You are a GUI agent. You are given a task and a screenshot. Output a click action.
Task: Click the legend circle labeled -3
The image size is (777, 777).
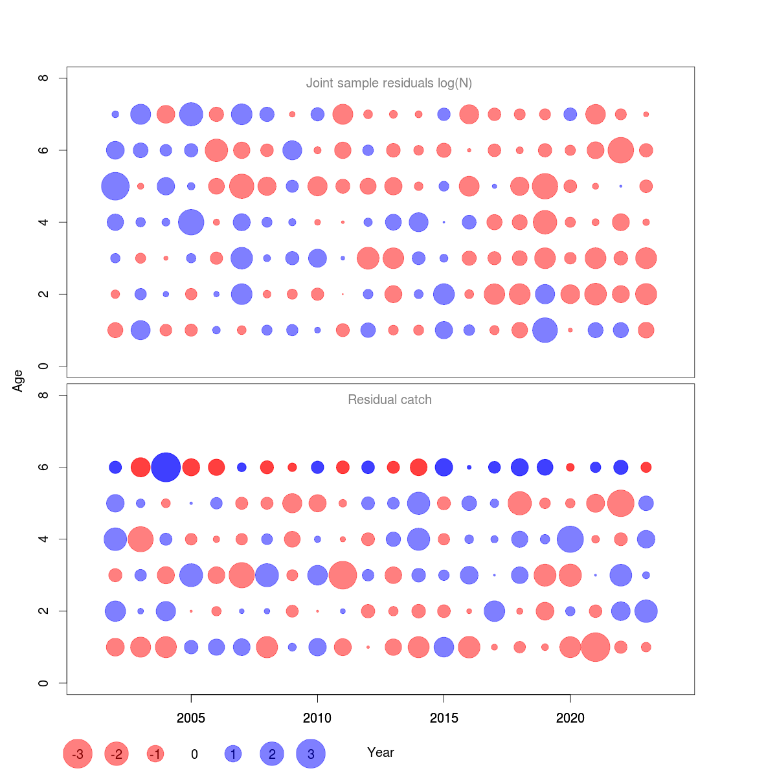pyautogui.click(x=78, y=754)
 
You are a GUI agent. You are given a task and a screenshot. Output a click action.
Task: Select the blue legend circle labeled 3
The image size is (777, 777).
pyautogui.click(x=311, y=754)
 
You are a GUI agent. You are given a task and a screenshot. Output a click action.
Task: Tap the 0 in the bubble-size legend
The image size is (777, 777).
pyautogui.click(x=194, y=754)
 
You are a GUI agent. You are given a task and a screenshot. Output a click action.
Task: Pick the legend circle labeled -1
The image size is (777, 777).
pyautogui.click(x=155, y=754)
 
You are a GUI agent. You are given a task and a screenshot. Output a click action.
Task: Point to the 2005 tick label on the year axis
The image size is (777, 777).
pyautogui.click(x=191, y=717)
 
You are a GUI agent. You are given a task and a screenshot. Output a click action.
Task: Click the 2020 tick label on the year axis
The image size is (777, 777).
pyautogui.click(x=570, y=717)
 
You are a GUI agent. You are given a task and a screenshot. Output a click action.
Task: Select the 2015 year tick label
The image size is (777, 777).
pyautogui.click(x=444, y=717)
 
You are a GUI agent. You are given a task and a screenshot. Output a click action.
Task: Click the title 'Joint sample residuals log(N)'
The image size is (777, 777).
pyautogui.click(x=389, y=83)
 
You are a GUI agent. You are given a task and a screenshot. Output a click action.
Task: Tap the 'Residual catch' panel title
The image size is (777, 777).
pyautogui.click(x=389, y=400)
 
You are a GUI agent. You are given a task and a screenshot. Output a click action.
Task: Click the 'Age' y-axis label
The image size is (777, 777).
pyautogui.click(x=18, y=381)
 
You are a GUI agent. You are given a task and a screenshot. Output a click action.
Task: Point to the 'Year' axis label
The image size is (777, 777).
pyautogui.click(x=381, y=752)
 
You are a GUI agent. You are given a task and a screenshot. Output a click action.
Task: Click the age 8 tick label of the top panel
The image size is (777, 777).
pyautogui.click(x=44, y=78)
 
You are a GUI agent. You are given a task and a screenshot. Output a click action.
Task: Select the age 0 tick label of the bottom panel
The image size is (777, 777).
pyautogui.click(x=44, y=683)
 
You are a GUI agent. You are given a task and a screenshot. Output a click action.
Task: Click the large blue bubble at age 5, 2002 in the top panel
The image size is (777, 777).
pyautogui.click(x=115, y=186)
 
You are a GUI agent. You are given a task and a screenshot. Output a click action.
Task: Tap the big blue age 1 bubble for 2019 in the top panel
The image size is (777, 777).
pyautogui.click(x=545, y=330)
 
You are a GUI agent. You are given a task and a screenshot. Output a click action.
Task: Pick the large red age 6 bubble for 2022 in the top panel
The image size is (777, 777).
pyautogui.click(x=621, y=150)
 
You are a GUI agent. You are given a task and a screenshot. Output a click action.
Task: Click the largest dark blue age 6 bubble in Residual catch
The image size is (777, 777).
pyautogui.click(x=166, y=467)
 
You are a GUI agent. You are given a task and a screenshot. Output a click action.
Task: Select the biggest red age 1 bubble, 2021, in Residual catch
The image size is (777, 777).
pyautogui.click(x=596, y=647)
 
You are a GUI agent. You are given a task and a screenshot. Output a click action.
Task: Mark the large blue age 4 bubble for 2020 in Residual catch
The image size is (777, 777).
pyautogui.click(x=570, y=539)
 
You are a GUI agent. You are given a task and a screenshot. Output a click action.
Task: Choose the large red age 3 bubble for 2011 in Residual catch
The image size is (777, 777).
pyautogui.click(x=343, y=575)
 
